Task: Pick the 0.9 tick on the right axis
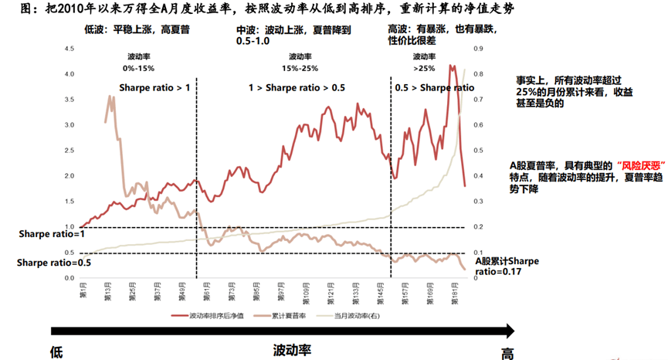[478, 49]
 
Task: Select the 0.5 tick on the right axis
[478, 151]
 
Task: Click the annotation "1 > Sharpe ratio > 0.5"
[297, 88]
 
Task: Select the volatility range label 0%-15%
[139, 68]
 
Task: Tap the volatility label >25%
[424, 68]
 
